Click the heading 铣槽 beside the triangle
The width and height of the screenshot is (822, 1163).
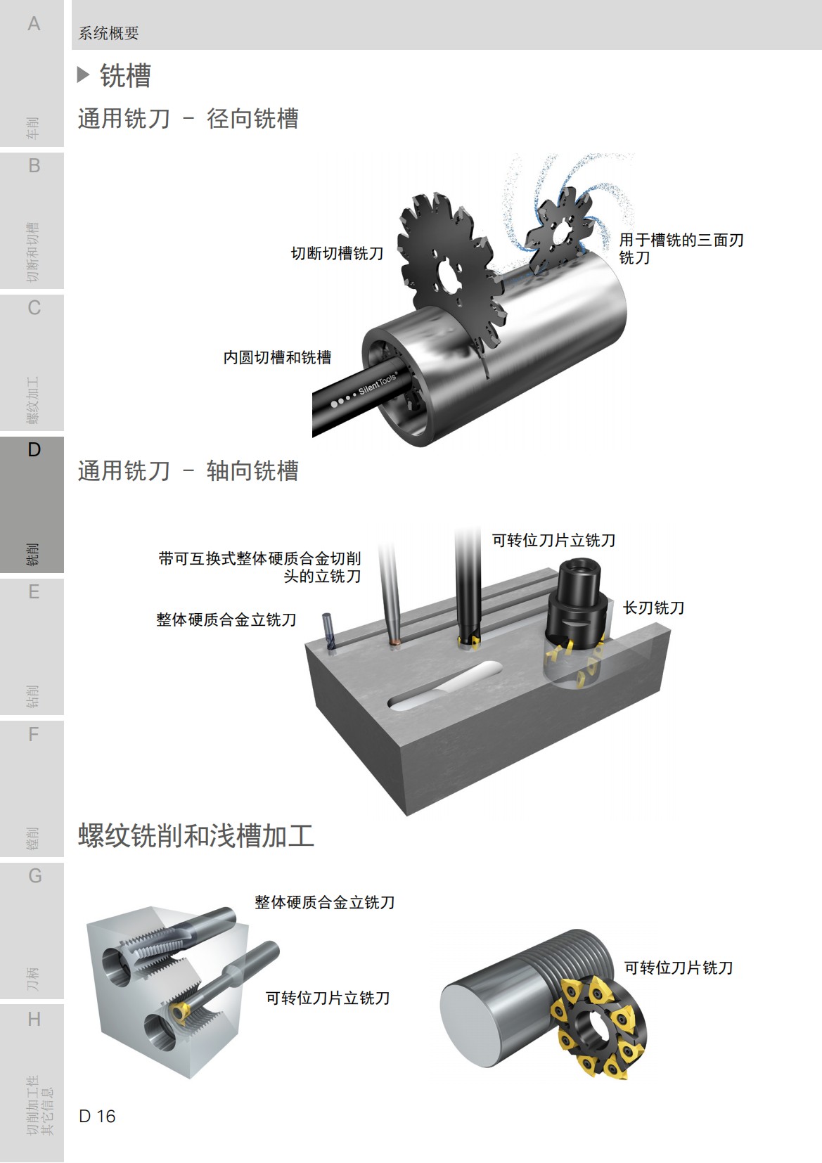click(125, 76)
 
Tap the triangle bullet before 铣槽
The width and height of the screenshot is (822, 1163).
click(83, 75)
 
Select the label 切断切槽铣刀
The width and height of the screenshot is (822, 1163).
click(337, 254)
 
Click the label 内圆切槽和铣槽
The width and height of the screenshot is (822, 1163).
click(277, 358)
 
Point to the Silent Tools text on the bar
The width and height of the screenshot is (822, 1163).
click(377, 384)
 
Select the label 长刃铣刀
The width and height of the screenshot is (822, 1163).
click(653, 608)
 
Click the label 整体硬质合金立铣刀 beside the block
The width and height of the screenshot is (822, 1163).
click(226, 620)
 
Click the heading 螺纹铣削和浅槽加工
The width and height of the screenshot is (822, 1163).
click(195, 836)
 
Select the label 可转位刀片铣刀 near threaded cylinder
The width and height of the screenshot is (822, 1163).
click(678, 968)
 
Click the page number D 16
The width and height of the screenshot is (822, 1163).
click(97, 1117)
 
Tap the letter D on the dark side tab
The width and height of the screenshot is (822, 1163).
click(33, 450)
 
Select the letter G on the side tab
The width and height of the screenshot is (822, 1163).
click(34, 876)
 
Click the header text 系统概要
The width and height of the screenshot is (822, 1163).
click(108, 33)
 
